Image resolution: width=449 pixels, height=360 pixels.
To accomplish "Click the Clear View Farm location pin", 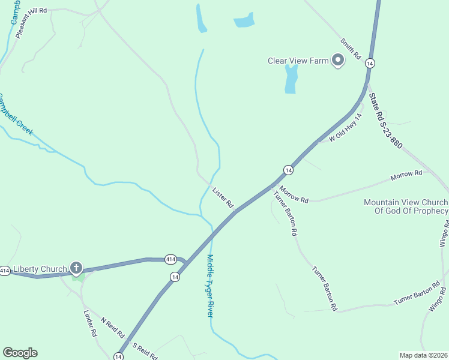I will pos(337,60).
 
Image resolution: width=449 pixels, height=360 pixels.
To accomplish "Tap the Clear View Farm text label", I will pos(298,60).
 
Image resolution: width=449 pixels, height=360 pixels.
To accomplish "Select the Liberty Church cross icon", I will pos(76,268).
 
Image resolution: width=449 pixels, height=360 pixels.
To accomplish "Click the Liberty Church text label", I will pos(40,269).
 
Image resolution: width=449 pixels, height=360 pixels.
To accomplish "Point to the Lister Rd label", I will pos(223,198).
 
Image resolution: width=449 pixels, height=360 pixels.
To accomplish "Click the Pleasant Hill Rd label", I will pos(31,23).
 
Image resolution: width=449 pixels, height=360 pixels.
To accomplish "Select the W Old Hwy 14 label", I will pos(346,128).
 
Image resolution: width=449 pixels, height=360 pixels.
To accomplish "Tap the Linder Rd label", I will pos(90,323).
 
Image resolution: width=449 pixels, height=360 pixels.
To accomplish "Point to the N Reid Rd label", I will pos(112,327).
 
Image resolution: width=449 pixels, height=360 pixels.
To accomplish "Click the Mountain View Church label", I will pos(406,206).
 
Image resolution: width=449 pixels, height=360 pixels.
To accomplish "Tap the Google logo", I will pos(20,353).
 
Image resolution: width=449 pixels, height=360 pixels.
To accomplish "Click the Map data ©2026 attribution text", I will pos(423,355).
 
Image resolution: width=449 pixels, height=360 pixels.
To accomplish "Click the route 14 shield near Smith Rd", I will pos(370,63).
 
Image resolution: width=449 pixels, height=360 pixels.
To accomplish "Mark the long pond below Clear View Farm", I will pos(291,79).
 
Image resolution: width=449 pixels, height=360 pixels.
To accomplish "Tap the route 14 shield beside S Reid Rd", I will pos(119,356).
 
